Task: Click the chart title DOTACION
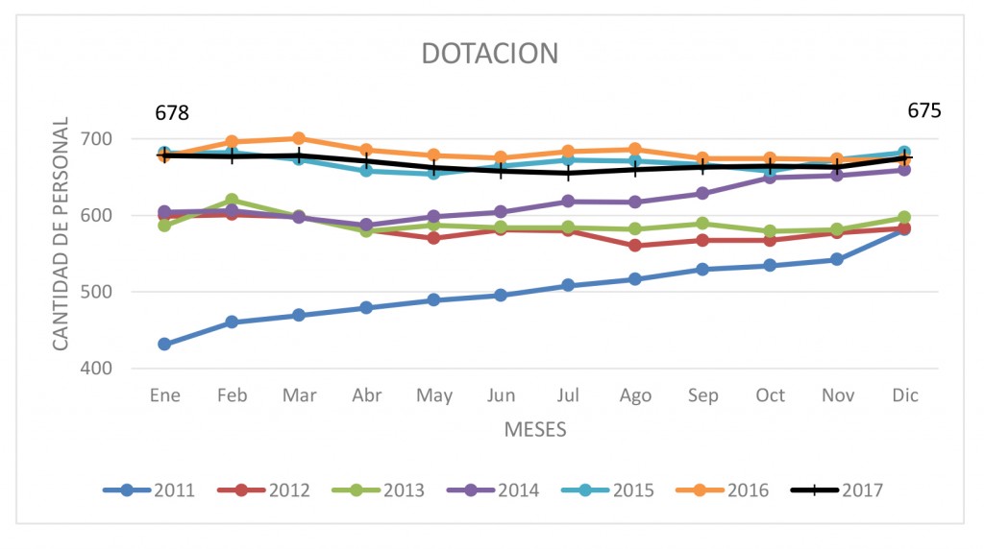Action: tap(490, 54)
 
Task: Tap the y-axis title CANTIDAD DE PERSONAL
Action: tap(61, 233)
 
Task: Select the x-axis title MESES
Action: tap(535, 429)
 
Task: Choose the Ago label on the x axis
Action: tap(635, 395)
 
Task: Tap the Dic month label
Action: tap(904, 395)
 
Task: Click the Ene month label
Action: tap(164, 395)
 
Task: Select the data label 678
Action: tap(172, 113)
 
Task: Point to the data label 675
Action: tap(924, 110)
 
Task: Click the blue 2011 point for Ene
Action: tap(164, 344)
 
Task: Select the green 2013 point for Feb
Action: tap(232, 201)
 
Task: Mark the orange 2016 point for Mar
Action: tap(299, 138)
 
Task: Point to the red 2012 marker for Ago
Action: tap(635, 246)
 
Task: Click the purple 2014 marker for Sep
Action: tap(702, 193)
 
